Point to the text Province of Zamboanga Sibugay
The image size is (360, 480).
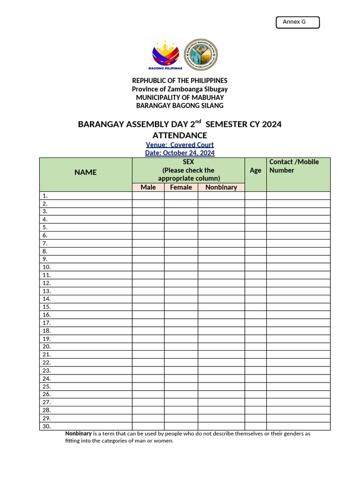pos(180,89)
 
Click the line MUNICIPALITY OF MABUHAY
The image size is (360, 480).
pos(180,97)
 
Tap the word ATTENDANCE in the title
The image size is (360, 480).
pos(180,135)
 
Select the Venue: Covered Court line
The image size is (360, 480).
pos(180,145)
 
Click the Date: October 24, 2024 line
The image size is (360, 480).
pos(180,153)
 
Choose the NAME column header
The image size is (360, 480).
pos(85,172)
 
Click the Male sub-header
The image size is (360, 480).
pos(148,187)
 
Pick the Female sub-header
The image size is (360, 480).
pos(181,187)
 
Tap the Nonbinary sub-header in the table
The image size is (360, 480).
pos(221,187)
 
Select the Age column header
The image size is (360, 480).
pos(255,171)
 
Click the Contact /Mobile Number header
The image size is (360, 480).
pos(294,166)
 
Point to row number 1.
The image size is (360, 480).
pos(45,196)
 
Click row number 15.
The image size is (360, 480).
pos(46,307)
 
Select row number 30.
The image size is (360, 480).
pos(46,426)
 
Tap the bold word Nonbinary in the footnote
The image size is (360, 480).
pos(78,434)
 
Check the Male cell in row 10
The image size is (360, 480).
pos(148,267)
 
